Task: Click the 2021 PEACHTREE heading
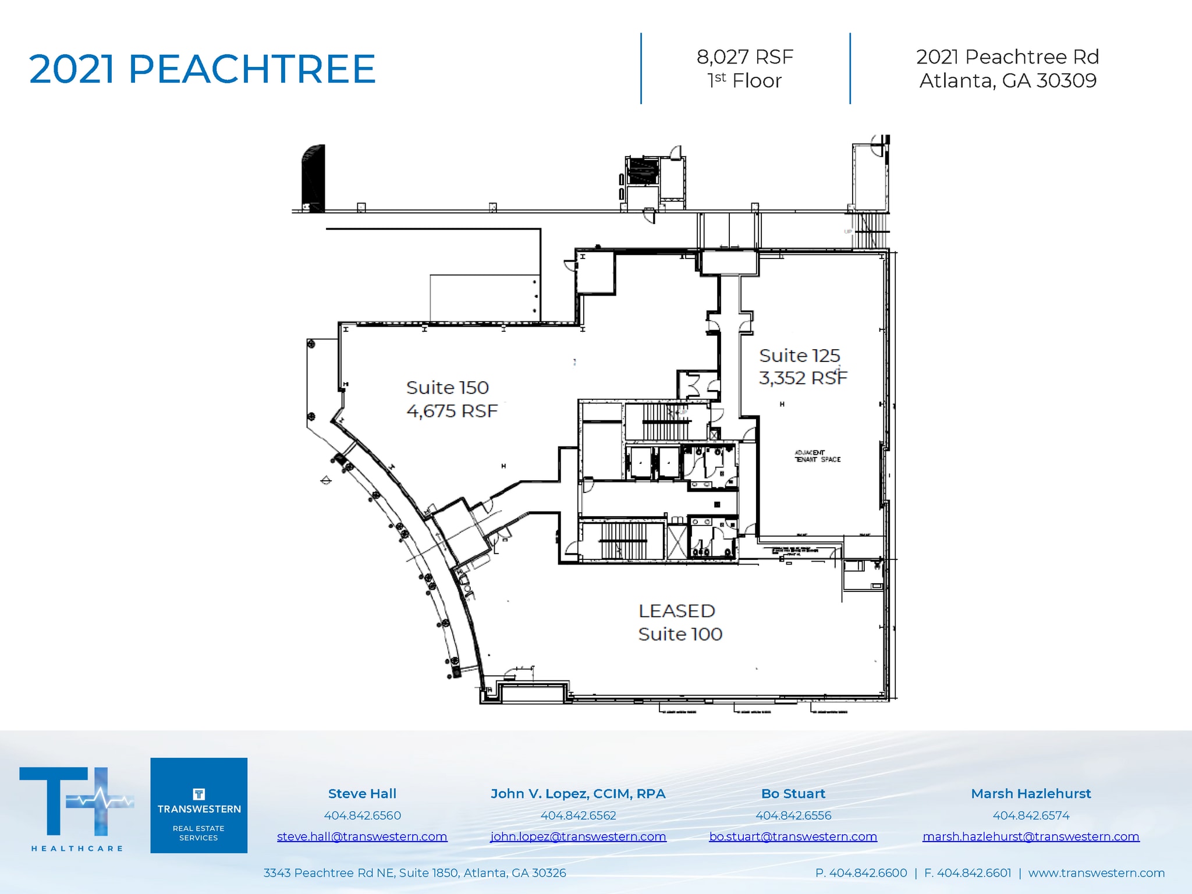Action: (202, 69)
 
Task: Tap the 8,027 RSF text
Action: (744, 57)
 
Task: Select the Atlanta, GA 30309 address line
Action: (1007, 80)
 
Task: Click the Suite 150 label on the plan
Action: (447, 388)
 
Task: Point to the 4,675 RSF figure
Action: (452, 411)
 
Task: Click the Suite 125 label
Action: (799, 356)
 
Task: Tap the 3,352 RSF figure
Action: (803, 378)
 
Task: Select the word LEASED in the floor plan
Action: (676, 611)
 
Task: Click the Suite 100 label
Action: (680, 634)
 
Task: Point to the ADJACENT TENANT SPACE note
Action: (817, 456)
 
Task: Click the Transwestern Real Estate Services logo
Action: (198, 805)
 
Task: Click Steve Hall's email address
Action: (362, 836)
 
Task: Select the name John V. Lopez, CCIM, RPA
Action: (577, 793)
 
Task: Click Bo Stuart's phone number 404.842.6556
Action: (793, 815)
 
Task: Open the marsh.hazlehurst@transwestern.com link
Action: (1030, 836)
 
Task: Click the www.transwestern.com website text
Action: (1096, 873)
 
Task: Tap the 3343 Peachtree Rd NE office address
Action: (414, 873)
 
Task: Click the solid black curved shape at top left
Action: (314, 178)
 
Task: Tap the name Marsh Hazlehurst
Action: (1030, 793)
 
